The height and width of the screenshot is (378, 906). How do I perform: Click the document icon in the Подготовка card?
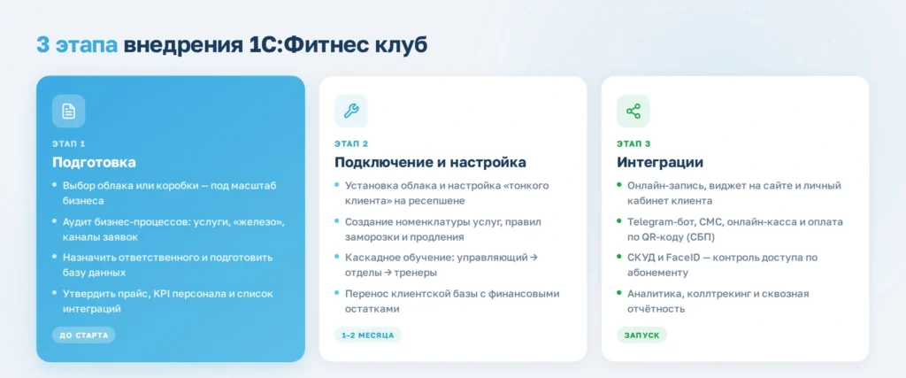(x=69, y=111)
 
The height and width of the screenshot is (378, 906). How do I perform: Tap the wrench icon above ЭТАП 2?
(x=350, y=111)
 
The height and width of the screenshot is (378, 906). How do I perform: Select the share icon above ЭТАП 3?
(x=633, y=111)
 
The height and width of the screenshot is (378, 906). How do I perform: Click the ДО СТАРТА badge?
(x=83, y=335)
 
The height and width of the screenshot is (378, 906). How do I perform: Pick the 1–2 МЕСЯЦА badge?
(x=367, y=335)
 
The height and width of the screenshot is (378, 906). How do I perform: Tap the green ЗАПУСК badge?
(x=641, y=335)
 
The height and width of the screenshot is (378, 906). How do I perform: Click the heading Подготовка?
(x=94, y=162)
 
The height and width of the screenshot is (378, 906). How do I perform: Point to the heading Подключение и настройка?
(x=430, y=162)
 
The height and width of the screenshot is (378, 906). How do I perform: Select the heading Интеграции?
(x=660, y=162)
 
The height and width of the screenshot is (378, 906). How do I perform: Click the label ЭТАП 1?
(x=69, y=143)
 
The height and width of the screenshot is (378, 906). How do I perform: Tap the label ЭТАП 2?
(x=351, y=143)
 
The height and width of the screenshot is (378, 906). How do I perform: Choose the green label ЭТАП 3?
(x=633, y=143)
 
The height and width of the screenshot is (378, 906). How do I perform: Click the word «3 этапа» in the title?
(x=76, y=44)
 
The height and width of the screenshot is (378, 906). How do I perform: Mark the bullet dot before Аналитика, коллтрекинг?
(x=618, y=293)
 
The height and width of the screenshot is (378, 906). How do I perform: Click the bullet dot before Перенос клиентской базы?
(x=336, y=293)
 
